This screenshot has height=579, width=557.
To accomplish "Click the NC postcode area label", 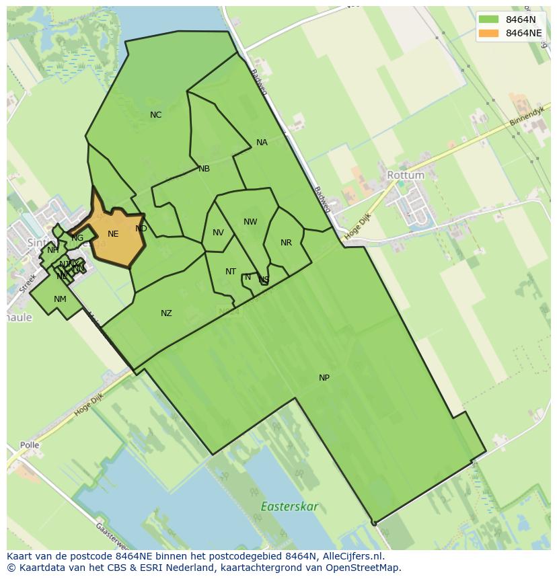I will (155, 115).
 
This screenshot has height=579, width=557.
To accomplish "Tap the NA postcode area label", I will (262, 143).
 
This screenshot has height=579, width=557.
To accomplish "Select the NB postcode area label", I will (204, 169).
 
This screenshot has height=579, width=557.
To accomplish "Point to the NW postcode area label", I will (250, 222).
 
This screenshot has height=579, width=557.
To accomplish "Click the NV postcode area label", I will (218, 233).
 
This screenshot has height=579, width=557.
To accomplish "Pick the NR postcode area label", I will (286, 243).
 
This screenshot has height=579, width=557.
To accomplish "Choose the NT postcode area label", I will (231, 272).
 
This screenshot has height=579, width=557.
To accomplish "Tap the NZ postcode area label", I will (166, 313).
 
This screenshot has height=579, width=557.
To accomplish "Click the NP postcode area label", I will (324, 378).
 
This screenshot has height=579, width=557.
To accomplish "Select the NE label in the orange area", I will (113, 234).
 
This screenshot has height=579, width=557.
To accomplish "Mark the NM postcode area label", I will (60, 299).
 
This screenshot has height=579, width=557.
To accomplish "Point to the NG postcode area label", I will (77, 238).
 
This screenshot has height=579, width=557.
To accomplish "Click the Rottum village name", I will (406, 175).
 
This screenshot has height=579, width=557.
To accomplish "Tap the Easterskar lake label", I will (289, 506).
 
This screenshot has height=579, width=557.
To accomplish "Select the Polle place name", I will (30, 445).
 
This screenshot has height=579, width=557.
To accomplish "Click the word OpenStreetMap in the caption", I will (363, 568).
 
